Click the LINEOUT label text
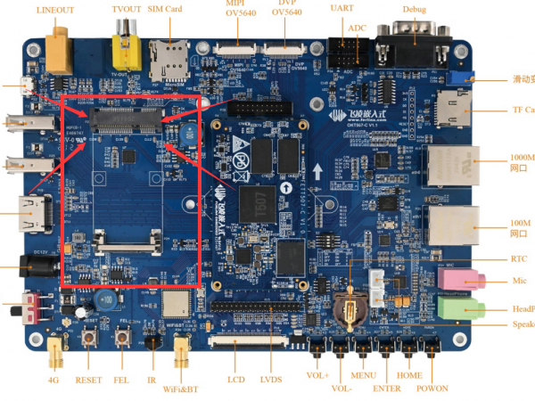pyautogui.click(x=55, y=11)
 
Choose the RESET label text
pyautogui.click(x=88, y=380)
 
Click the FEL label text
pyautogui.click(x=120, y=380)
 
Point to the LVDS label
pyautogui.click(x=272, y=380)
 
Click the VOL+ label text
pyautogui.click(x=318, y=375)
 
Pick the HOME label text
pyautogui.click(x=409, y=375)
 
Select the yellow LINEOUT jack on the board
pyautogui.click(x=60, y=46)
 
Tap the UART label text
pyautogui.click(x=342, y=8)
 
